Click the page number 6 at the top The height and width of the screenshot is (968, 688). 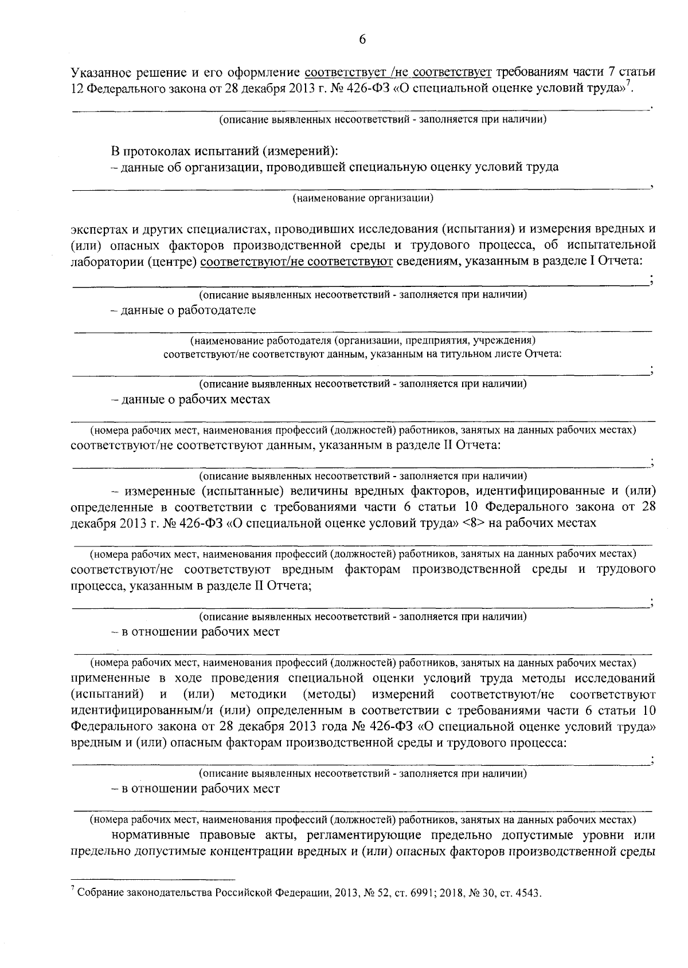(x=362, y=40)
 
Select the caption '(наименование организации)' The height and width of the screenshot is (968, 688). (x=362, y=199)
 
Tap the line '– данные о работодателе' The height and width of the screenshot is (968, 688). (x=183, y=310)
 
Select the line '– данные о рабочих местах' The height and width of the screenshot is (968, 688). (x=190, y=399)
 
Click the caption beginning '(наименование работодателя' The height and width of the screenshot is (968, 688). (x=362, y=340)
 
